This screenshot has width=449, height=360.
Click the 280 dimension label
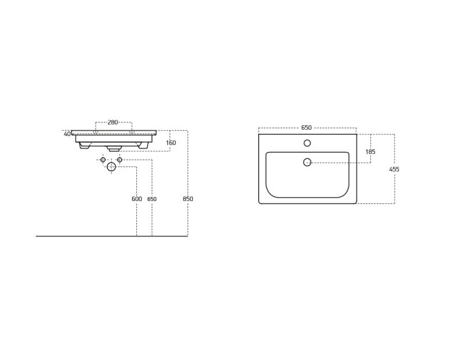(113, 122)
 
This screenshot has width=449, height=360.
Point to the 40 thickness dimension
(67, 134)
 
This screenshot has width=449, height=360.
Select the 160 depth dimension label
(171, 143)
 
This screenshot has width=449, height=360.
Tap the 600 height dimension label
(137, 199)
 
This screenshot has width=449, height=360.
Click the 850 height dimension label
(188, 199)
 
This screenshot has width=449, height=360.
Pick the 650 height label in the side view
(152, 199)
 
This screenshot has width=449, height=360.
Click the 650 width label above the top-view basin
(306, 127)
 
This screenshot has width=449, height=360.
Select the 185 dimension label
(370, 152)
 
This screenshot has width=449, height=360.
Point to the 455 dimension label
(395, 169)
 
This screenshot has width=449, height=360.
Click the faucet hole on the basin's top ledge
(307, 143)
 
